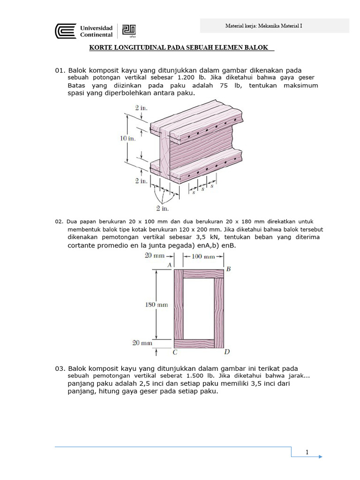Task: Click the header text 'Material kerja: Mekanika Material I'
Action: point(264,26)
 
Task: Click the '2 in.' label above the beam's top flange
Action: point(141,108)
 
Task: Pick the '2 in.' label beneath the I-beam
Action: point(162,208)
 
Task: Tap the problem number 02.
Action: point(59,221)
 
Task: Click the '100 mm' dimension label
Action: point(202,256)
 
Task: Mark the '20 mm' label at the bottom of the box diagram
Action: point(142,343)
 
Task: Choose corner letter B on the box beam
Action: point(228,269)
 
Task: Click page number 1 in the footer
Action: point(307,452)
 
